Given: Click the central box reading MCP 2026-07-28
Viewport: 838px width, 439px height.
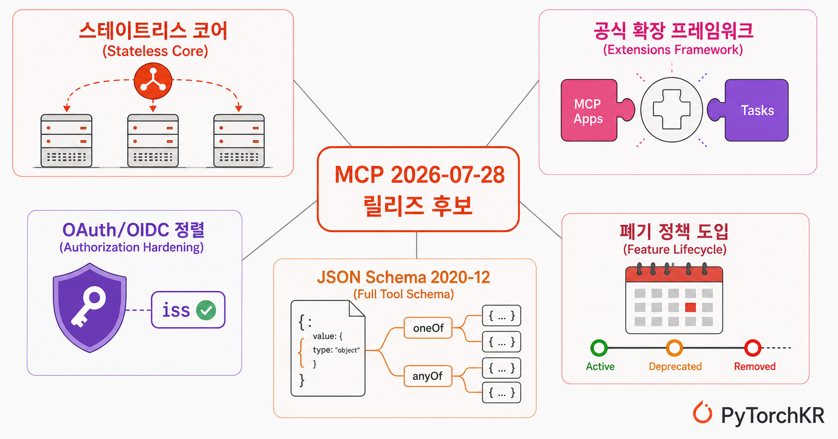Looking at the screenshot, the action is point(418,189).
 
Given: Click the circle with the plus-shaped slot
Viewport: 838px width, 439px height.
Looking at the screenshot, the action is point(672,110).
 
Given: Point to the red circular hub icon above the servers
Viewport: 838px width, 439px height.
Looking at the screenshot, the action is point(153,81).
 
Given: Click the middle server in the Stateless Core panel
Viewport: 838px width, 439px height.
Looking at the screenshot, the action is point(153,141).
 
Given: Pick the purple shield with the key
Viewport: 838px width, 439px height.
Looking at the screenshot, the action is point(90,308).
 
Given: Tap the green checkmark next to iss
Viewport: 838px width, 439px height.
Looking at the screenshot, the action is point(206,310).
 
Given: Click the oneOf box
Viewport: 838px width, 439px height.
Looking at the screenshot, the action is point(428,328).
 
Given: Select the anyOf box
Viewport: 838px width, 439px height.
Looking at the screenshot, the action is point(427,376).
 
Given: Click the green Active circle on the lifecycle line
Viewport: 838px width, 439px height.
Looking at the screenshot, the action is point(599,348).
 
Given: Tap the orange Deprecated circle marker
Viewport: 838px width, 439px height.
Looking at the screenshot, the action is point(675,348).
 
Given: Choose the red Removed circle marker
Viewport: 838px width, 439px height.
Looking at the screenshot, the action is point(752,348).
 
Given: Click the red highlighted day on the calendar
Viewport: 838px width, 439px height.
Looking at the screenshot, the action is point(691,307).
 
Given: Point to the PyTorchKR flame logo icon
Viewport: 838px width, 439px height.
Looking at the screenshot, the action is point(703,412).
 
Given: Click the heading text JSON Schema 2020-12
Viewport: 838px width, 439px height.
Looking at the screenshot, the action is point(403,277).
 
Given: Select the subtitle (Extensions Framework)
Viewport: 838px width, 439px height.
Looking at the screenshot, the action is point(673,50).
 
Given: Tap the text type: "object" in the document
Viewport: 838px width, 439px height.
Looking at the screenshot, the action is point(336,350).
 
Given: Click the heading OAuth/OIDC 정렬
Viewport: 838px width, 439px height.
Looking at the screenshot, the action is point(133,230).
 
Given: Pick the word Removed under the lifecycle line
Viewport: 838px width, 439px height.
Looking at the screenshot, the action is point(754,366).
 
